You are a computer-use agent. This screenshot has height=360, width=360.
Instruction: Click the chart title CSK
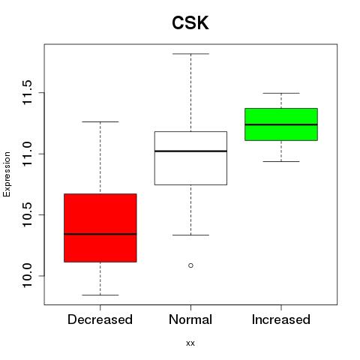point(190,23)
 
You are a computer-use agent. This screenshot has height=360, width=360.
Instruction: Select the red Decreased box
point(100,228)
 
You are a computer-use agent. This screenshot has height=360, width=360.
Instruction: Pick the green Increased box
point(281,124)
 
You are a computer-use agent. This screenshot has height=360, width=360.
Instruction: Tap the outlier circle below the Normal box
point(190,265)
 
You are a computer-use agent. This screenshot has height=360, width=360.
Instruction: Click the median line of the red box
point(100,234)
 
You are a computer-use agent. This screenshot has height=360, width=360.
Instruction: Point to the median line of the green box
point(281,124)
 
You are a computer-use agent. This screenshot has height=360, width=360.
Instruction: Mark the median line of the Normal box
point(190,151)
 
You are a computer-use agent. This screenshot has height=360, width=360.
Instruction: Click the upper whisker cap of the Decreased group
point(100,121)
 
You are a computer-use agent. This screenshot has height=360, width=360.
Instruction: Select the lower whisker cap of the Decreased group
point(100,295)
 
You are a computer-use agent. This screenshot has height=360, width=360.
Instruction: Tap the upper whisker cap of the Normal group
point(190,54)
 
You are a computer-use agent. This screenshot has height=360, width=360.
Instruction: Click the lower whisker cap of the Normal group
point(190,235)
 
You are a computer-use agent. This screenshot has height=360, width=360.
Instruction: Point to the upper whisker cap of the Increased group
point(281,93)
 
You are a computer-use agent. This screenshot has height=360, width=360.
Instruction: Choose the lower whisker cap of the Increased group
point(281,161)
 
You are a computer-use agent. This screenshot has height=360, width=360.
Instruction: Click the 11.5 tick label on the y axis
point(27,92)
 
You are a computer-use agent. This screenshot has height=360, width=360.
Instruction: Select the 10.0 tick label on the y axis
point(27,276)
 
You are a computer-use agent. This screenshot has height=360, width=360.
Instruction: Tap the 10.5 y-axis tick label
point(27,214)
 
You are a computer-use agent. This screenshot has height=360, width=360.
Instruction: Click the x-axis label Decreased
point(100,319)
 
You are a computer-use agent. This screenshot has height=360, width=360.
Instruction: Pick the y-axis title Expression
point(7,174)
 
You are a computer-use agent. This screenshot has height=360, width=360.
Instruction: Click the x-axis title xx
point(190,343)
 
